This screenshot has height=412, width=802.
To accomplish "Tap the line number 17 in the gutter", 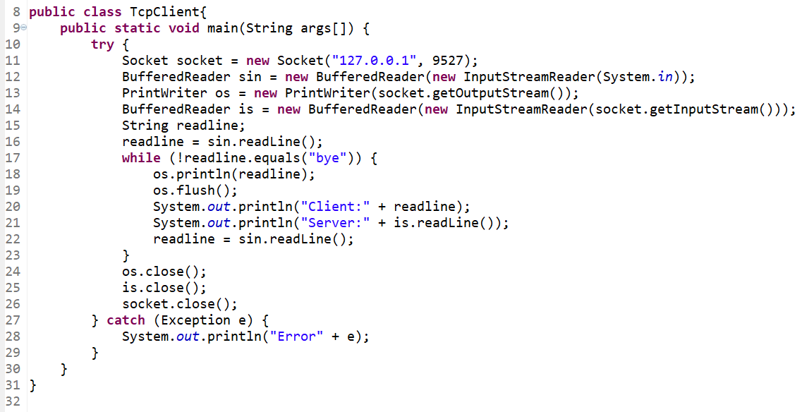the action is [x=12, y=158].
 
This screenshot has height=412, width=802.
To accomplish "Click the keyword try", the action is [x=102, y=44].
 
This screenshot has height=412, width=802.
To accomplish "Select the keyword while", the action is [x=141, y=158].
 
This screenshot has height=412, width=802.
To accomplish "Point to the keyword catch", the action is [x=126, y=320].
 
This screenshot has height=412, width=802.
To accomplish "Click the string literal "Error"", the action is [x=296, y=337].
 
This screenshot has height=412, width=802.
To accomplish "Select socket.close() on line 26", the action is [x=180, y=304].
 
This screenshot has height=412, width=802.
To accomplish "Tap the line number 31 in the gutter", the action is [x=12, y=385].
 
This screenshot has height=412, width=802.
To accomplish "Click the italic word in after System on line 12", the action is [x=664, y=77].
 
